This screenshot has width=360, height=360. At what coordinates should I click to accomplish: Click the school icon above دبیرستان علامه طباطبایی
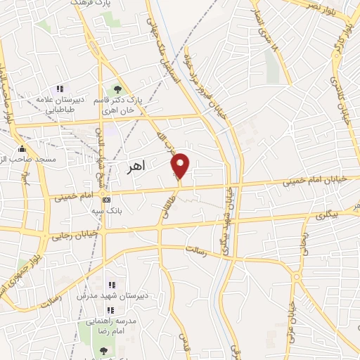[60, 89]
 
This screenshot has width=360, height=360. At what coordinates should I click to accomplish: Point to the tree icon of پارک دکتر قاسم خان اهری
[117, 89]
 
